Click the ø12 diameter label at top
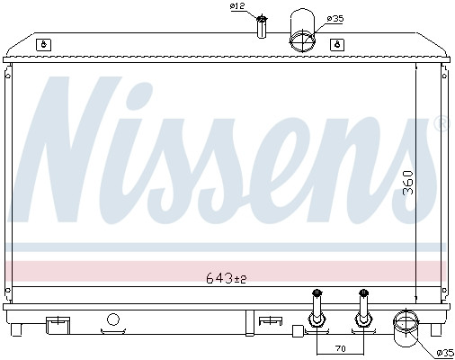[x=237, y=6]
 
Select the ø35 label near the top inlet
[x=335, y=19]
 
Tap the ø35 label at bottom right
[x=445, y=353]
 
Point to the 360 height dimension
[x=408, y=183]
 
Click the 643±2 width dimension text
[x=227, y=279]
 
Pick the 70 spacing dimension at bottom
[x=340, y=348]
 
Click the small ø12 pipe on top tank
[x=262, y=27]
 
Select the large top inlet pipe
[x=302, y=30]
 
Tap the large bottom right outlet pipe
[x=406, y=328]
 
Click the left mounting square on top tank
[x=43, y=45]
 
